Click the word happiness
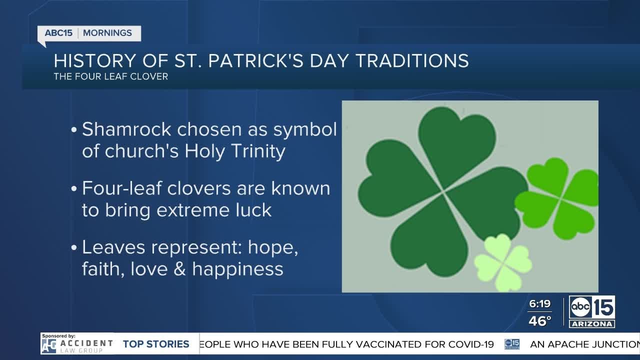click(237, 269)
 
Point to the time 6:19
click(540, 304)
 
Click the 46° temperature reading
click(540, 321)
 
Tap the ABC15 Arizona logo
click(592, 311)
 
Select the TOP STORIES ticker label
click(156, 344)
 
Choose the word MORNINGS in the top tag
click(107, 33)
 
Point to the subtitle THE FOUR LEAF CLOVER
click(111, 77)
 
